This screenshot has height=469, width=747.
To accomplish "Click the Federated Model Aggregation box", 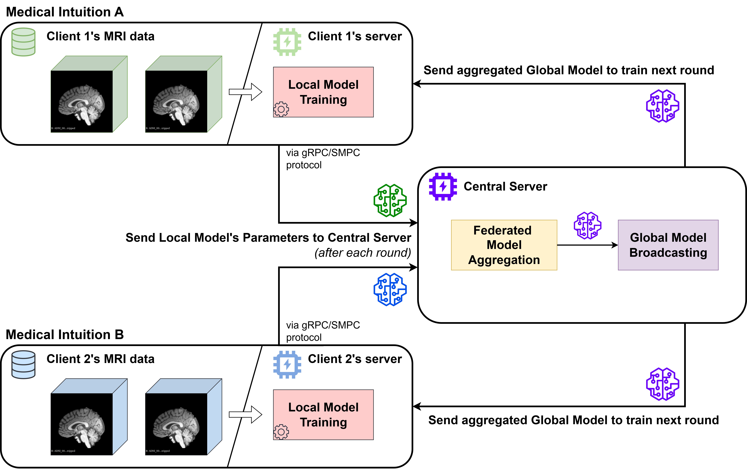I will coord(504,245).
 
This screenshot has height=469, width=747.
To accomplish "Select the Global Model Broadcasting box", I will coord(668,245).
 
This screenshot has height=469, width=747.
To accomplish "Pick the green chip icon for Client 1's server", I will coord(287,42).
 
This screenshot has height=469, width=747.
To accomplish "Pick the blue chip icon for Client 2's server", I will coord(287,364).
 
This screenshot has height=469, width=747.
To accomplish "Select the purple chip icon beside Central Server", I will coord(443,186).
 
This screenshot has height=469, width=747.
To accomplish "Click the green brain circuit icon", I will coord(390,200).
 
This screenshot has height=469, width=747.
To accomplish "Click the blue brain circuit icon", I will coord(390,289).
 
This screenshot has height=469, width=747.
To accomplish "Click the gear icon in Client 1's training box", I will coord(281,109).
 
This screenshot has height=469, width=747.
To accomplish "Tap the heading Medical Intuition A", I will coord(65,12).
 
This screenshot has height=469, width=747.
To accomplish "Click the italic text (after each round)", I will coord(363,253).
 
